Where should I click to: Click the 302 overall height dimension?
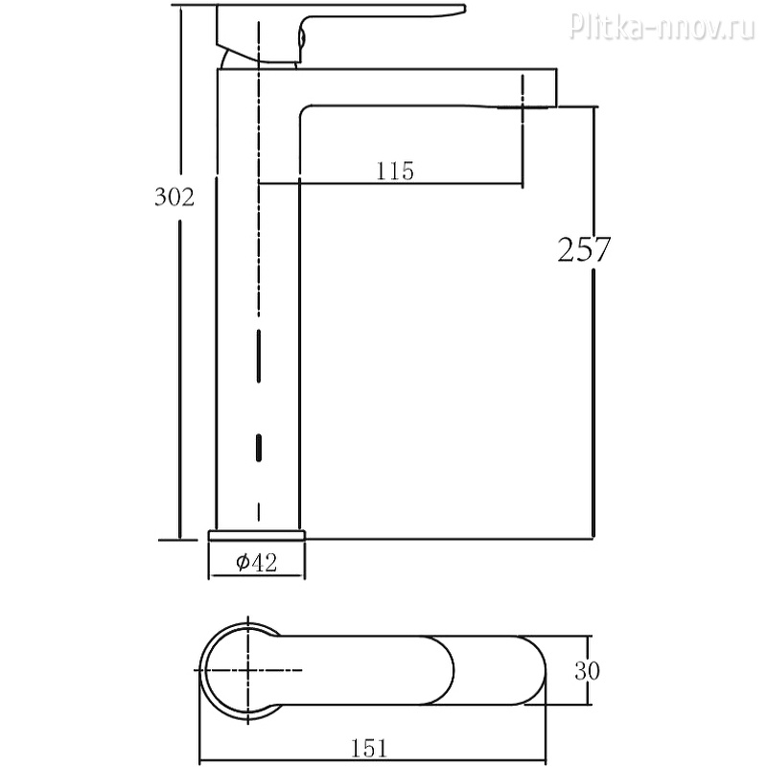(x=174, y=198)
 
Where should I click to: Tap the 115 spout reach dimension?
(x=395, y=172)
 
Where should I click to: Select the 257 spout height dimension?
(x=584, y=249)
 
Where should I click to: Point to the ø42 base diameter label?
(x=256, y=562)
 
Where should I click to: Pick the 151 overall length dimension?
(x=369, y=749)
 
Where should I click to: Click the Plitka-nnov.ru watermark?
(x=662, y=26)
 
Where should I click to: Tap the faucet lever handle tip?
(x=462, y=9)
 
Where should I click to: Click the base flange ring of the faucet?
(x=257, y=535)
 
